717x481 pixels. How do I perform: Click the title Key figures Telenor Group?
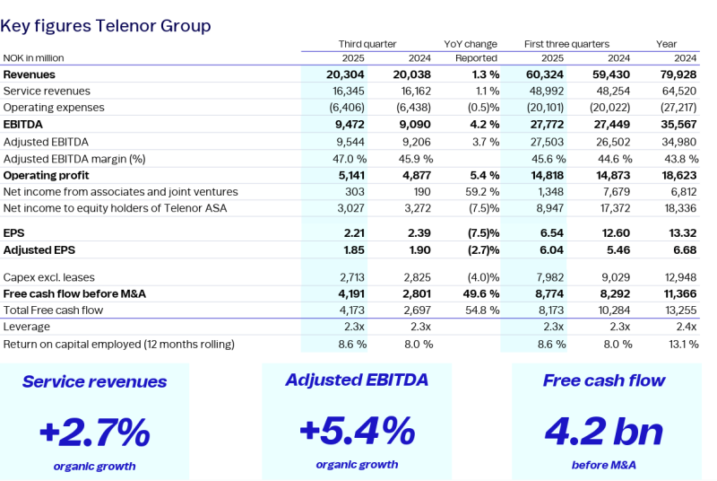[106, 26]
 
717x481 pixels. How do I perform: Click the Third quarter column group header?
[367, 44]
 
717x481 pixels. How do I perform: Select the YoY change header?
[471, 44]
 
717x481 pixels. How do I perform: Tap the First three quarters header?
[566, 44]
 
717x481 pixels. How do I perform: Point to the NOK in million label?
[34, 58]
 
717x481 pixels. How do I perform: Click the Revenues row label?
[30, 74]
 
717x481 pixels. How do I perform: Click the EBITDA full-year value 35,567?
[679, 125]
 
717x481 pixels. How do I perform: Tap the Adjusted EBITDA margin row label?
[74, 158]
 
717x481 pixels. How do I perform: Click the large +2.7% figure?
[94, 433]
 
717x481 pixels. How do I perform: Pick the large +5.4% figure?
[357, 431]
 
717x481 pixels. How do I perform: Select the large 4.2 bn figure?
[603, 432]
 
